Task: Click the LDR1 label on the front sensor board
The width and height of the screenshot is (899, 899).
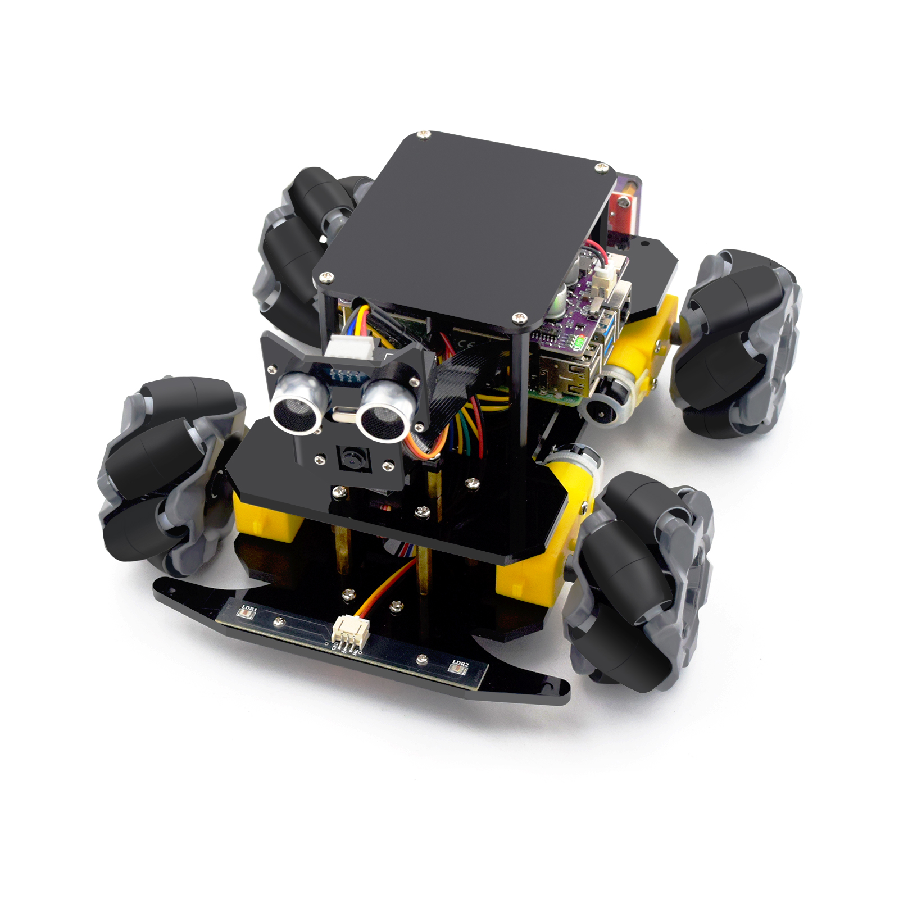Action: pyautogui.click(x=249, y=609)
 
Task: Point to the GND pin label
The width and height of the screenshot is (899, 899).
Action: pyautogui.click(x=335, y=646)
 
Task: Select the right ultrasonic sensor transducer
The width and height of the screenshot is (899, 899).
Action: pyautogui.click(x=383, y=415)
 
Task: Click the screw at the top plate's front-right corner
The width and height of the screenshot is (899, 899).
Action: pyautogui.click(x=520, y=318)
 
